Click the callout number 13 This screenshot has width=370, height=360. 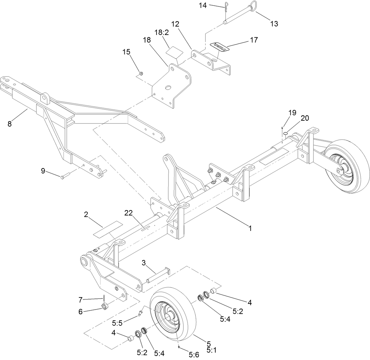click(274, 24)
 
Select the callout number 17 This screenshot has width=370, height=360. click(254, 40)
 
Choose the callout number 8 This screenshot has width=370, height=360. click(9, 123)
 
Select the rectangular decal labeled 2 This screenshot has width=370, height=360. click(105, 229)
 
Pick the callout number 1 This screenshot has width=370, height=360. click(250, 228)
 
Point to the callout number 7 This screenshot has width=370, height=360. click(80, 299)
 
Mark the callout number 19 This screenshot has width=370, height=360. click(292, 113)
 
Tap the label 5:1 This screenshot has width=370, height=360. click(211, 350)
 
